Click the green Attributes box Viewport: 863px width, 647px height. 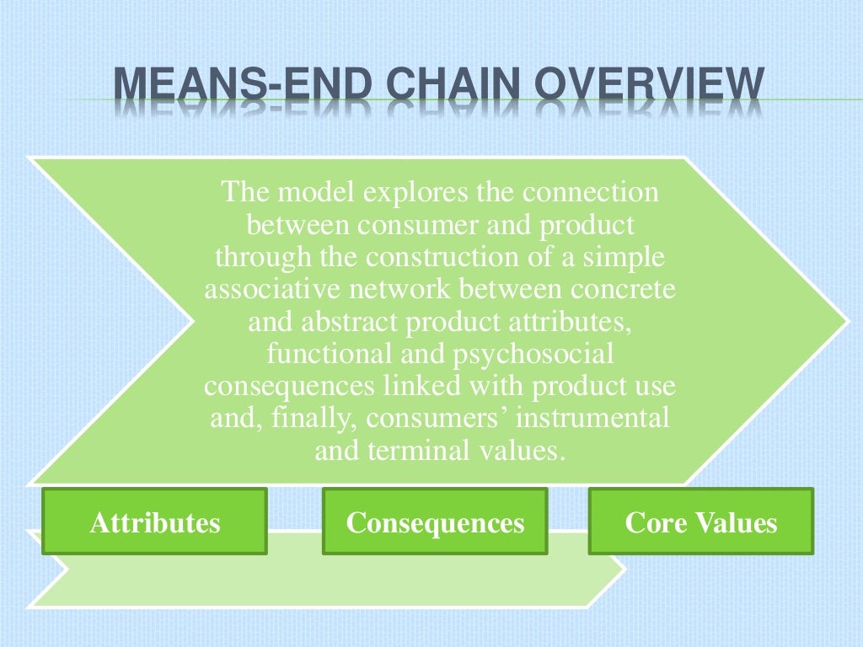(x=155, y=523)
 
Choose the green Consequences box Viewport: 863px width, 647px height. (x=435, y=523)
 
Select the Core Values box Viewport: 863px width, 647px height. (x=700, y=523)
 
